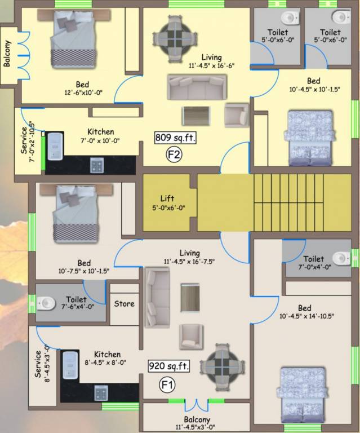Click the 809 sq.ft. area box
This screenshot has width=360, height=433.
(x=175, y=137)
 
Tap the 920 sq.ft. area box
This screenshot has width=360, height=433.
(x=169, y=366)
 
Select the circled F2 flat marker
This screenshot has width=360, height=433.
(x=174, y=154)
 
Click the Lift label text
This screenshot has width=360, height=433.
(x=167, y=198)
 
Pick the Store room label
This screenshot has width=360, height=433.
(x=125, y=303)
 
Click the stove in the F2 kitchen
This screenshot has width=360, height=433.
(x=98, y=165)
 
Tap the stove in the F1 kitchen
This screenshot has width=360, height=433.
(x=101, y=392)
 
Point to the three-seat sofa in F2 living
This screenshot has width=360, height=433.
(x=196, y=87)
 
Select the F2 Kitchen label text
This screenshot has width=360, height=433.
(x=101, y=131)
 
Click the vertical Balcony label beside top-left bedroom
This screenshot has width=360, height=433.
(x=7, y=54)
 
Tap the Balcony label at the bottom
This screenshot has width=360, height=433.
(x=197, y=419)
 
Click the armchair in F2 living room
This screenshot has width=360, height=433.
(x=236, y=115)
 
